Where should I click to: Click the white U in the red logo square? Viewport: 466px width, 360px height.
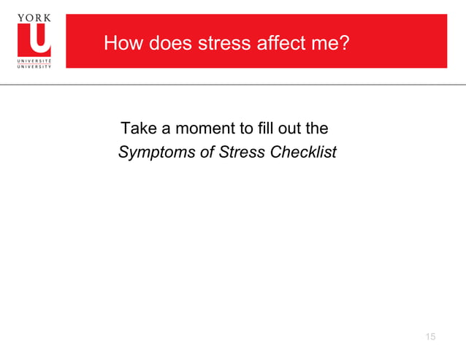pos(34,40)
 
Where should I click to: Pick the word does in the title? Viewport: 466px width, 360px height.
pos(167,44)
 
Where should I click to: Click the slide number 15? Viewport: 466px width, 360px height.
pos(429,336)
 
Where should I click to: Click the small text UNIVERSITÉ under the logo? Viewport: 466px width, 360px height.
pos(34,60)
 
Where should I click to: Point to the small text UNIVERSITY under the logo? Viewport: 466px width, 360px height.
pos(34,66)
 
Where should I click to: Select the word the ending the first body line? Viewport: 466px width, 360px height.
pos(316,129)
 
